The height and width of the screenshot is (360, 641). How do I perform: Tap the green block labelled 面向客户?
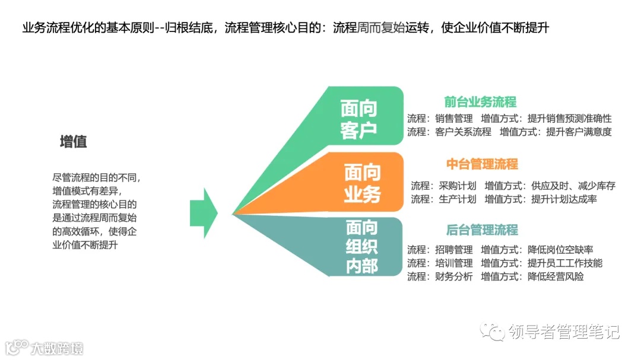pyautogui.click(x=358, y=119)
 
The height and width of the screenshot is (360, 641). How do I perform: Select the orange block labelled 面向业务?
pyautogui.click(x=362, y=183)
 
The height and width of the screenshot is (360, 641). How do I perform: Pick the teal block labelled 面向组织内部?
pyautogui.click(x=361, y=247)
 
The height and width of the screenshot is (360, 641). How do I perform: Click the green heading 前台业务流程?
pyautogui.click(x=480, y=102)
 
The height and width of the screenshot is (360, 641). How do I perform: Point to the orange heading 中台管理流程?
pyautogui.click(x=482, y=164)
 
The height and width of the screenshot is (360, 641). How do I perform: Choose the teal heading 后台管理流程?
pyautogui.click(x=482, y=230)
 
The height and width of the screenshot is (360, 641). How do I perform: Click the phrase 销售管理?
pyautogui.click(x=453, y=118)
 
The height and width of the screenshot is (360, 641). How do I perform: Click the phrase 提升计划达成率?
pyautogui.click(x=564, y=199)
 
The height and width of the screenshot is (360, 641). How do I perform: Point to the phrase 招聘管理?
pyautogui.click(x=453, y=250)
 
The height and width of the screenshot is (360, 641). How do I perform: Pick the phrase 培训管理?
pyautogui.click(x=453, y=263)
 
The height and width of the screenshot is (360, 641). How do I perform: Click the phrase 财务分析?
pyautogui.click(x=453, y=276)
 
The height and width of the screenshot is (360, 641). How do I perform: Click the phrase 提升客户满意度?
pyautogui.click(x=579, y=132)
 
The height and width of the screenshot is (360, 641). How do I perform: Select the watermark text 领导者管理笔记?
pyautogui.click(x=564, y=332)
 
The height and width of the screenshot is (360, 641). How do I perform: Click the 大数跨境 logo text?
pyautogui.click(x=58, y=348)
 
